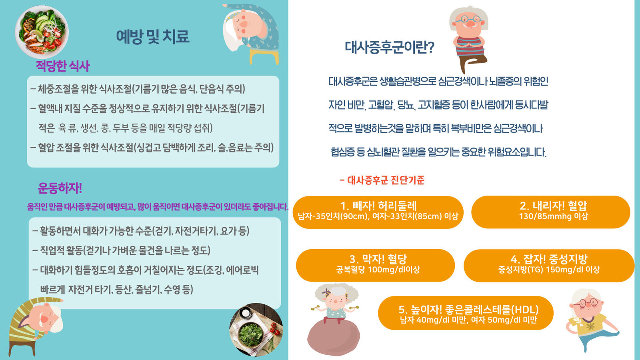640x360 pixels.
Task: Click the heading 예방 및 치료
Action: coord(152,36)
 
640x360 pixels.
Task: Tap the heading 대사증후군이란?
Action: coord(389,47)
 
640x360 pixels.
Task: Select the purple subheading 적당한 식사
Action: coord(62,66)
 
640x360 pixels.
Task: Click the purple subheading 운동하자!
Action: coord(60,188)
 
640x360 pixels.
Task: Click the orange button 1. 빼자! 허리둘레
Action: coord(378,212)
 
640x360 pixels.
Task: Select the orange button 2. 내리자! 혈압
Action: coord(550,212)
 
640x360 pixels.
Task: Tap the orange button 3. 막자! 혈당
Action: coord(376,265)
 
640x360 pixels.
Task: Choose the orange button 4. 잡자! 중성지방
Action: coord(549,266)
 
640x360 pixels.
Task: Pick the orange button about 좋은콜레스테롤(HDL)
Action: coord(466,313)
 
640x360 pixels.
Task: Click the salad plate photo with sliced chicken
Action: coord(42,32)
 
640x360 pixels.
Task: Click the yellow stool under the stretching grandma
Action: coord(264,56)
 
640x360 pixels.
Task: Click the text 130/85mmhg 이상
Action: coord(554,216)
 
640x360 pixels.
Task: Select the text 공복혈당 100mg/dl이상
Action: coord(378,270)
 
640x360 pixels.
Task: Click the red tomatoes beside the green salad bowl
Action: coord(275,328)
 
